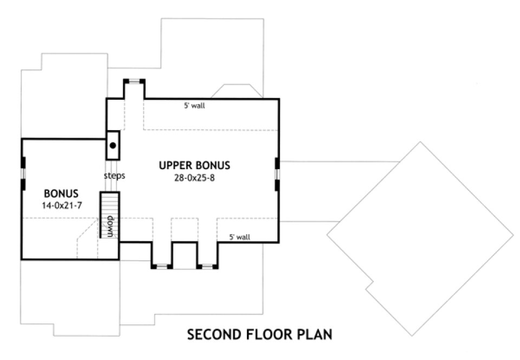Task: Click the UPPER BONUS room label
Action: tap(195, 165)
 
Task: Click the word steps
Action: tap(115, 176)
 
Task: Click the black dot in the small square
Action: tap(113, 145)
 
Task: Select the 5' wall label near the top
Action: tap(194, 106)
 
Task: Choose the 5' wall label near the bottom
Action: tap(239, 236)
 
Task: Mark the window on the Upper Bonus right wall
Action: tap(277, 174)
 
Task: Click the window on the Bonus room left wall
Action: tap(23, 173)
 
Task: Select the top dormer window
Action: tap(134, 81)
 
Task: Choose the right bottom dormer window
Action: tap(207, 266)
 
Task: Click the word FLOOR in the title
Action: tap(268, 335)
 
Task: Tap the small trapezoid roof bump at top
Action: tap(233, 91)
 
